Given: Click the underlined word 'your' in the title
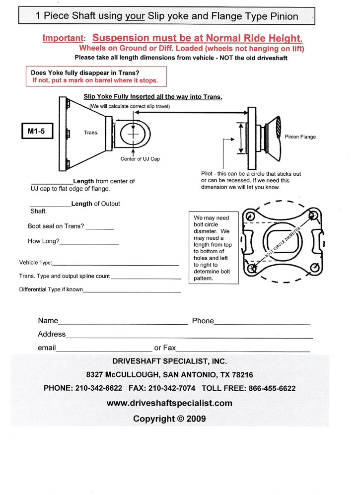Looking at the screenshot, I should point(136,16).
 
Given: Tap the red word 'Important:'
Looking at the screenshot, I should point(64,38).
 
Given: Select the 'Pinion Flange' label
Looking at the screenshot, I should point(300,137).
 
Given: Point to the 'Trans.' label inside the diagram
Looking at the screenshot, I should point(91,133).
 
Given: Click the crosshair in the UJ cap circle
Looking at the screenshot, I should point(133,134).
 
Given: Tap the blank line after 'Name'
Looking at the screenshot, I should point(123,323).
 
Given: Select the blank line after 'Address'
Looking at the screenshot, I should point(189,337).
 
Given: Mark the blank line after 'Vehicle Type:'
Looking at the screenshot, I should point(115,265).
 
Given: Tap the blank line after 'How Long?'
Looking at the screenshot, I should point(89,243).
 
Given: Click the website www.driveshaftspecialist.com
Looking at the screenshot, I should point(169,403).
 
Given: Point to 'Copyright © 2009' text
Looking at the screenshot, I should point(169,419).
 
